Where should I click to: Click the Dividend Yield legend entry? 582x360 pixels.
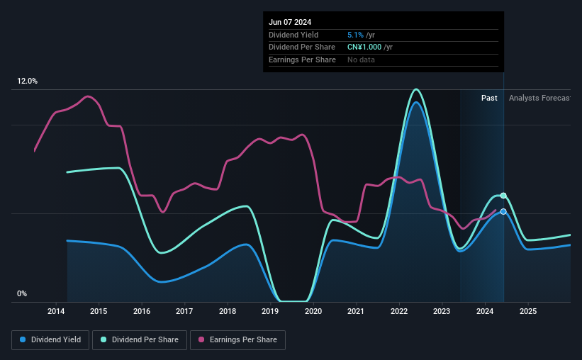[50, 340]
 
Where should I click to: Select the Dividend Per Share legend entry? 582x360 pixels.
[140, 340]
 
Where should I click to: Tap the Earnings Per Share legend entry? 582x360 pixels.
[237, 340]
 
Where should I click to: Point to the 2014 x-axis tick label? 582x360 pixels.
[56, 311]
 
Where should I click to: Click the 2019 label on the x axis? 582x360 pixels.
[270, 311]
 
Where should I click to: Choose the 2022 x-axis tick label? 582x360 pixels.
[399, 311]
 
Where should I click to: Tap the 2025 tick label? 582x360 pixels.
[528, 311]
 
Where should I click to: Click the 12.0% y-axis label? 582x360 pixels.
[27, 81]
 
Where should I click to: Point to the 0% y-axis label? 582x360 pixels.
[22, 293]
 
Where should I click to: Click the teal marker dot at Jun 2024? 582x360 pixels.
[503, 196]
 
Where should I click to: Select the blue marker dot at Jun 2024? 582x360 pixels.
[503, 212]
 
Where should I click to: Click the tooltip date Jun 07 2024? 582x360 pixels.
[290, 22]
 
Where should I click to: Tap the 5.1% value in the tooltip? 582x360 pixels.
[355, 35]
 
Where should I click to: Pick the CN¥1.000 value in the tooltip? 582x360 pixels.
[364, 47]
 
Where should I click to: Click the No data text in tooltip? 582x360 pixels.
[361, 60]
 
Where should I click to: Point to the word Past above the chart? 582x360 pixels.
[489, 98]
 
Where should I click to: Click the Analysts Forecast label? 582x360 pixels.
[539, 98]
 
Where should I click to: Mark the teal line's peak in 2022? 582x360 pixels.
[416, 89]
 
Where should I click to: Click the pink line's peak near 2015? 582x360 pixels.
[88, 96]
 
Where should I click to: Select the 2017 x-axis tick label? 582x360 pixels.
[184, 311]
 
